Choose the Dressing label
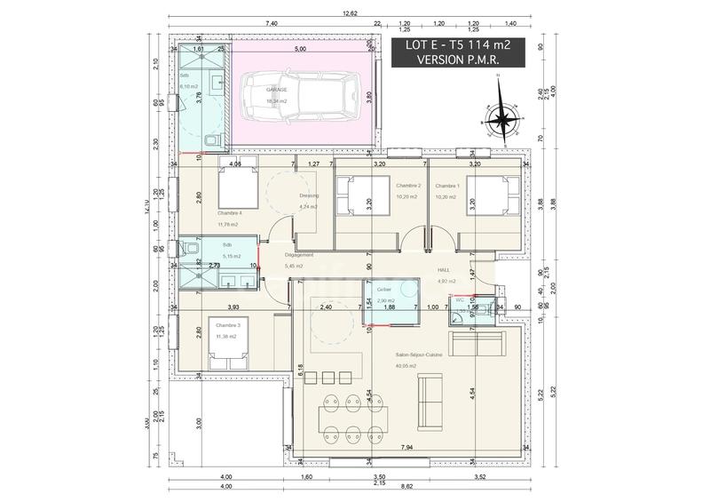pos(309,197)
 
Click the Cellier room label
pos(384,291)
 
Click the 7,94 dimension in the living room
pos(407,448)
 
